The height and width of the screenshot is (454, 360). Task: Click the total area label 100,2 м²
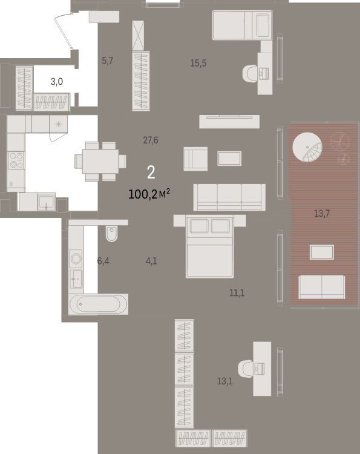[x=149, y=194]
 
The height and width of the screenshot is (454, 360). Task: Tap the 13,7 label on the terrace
[x=322, y=214]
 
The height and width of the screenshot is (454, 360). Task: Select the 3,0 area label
[x=57, y=82]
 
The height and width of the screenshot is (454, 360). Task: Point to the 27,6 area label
[x=151, y=140]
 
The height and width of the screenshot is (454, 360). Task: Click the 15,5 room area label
[x=198, y=63]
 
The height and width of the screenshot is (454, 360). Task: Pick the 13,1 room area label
[x=225, y=381]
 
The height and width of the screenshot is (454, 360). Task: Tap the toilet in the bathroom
[x=112, y=234]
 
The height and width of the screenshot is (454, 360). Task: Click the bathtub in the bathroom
[x=99, y=304]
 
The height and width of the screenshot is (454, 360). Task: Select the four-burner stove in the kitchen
[x=16, y=160]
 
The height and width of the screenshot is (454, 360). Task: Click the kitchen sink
[x=47, y=202]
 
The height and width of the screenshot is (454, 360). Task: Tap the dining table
[x=100, y=161]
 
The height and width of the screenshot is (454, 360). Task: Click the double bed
[x=210, y=246]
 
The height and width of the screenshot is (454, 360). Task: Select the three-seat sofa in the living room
[x=229, y=197]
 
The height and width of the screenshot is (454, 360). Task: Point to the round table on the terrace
[x=307, y=147]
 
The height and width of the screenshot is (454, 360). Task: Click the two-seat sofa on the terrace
[x=322, y=287]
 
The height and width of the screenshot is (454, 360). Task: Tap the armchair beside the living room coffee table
[x=195, y=159]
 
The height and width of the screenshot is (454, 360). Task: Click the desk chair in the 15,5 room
[x=250, y=73]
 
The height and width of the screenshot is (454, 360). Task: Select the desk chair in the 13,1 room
[x=246, y=369]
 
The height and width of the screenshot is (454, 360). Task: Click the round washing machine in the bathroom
[x=76, y=258]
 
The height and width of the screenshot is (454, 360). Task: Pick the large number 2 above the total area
[x=151, y=173]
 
